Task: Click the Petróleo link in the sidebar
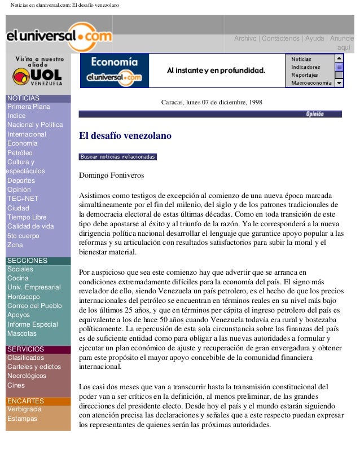tap(20, 153)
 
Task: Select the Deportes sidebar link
tap(21, 181)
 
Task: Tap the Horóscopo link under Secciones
tap(23, 297)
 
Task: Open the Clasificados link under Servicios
tap(25, 358)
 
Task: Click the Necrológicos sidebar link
tap(27, 376)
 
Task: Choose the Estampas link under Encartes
tap(22, 419)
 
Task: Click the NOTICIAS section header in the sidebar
tap(23, 98)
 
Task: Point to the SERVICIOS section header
tap(25, 349)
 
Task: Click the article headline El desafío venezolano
tap(125, 136)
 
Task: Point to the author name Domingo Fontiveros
tap(111, 175)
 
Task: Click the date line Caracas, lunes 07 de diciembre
tap(211, 103)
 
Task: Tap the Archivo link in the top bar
tap(245, 38)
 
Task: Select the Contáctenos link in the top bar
tap(279, 38)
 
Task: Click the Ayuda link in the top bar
tap(314, 38)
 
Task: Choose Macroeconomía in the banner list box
tap(311, 83)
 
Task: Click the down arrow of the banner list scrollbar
tap(339, 83)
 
